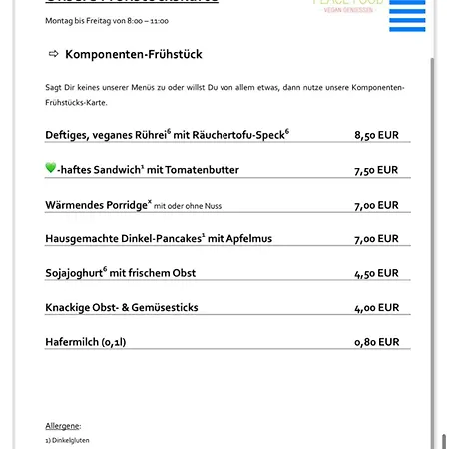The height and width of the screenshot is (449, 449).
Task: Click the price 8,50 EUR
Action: point(376,135)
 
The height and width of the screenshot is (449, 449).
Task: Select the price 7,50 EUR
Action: point(376,170)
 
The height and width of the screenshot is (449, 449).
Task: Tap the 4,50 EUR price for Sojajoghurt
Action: point(376,273)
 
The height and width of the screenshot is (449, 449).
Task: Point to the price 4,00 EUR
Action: point(376,308)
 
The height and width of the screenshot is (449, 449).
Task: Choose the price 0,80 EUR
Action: point(376,342)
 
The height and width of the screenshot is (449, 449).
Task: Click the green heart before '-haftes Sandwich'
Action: point(51,169)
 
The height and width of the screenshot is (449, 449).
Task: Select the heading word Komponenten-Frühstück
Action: point(133,54)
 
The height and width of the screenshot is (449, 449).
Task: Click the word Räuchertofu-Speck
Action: point(240,135)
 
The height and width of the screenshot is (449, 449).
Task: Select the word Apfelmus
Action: point(246,238)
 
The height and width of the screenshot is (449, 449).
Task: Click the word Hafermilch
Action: point(75,342)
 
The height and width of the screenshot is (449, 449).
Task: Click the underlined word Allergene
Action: point(63,425)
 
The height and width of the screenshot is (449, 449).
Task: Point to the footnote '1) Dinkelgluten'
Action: point(68,440)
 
